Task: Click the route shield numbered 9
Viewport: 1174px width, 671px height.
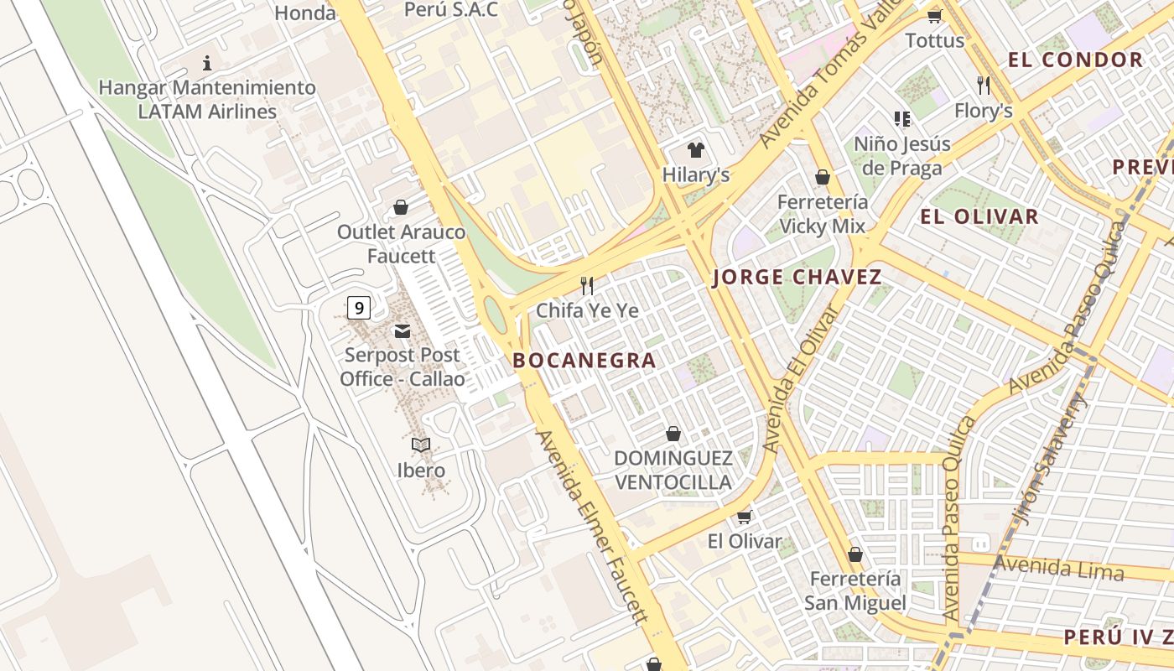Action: [x=359, y=308]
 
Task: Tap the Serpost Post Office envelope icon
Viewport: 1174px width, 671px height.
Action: [x=402, y=331]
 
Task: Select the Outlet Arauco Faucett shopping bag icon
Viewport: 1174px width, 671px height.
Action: [x=401, y=207]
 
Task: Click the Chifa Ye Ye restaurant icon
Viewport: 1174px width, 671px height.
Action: [x=587, y=286]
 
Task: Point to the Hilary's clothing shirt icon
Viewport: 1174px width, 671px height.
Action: [x=695, y=151]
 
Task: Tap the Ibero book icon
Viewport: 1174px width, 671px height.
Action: [x=421, y=445]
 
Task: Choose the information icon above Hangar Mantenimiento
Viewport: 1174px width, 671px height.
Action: [x=207, y=63]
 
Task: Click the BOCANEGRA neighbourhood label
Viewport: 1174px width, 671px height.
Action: [x=584, y=361]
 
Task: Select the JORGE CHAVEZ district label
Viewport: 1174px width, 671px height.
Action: [x=797, y=278]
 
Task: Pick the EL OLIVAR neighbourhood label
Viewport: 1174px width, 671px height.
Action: [x=979, y=216]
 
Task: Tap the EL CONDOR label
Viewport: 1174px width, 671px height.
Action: [x=1075, y=60]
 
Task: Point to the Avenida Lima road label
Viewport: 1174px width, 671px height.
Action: [x=1058, y=569]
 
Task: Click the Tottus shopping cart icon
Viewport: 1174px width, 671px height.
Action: [x=934, y=16]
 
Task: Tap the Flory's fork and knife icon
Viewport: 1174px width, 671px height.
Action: [x=984, y=85]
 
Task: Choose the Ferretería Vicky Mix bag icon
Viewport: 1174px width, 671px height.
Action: [x=823, y=177]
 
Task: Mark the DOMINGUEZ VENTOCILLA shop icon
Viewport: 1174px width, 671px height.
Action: [x=673, y=434]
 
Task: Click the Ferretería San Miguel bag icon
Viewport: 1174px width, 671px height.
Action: [x=855, y=554]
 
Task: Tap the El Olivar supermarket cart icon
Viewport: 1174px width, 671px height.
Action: [x=744, y=517]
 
